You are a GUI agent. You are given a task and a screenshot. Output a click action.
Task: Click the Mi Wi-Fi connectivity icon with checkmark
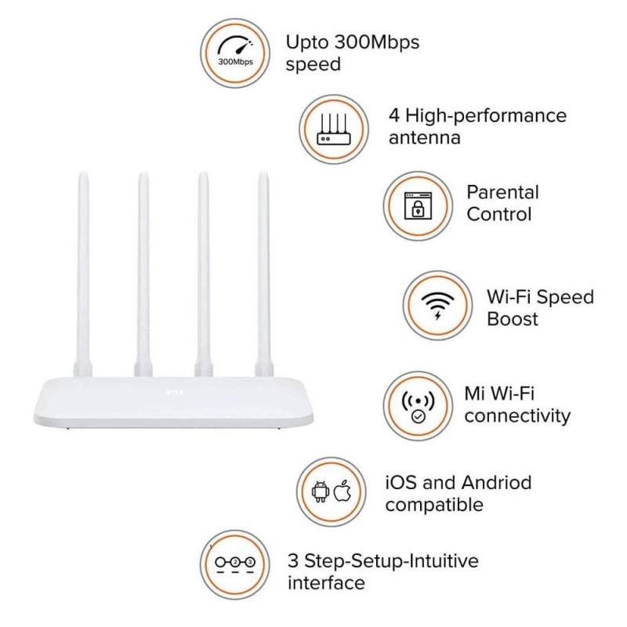click(x=416, y=405)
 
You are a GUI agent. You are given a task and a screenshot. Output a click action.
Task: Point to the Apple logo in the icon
click(x=341, y=492)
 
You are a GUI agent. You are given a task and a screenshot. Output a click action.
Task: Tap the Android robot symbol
click(x=320, y=492)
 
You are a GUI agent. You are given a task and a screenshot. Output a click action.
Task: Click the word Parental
click(x=502, y=192)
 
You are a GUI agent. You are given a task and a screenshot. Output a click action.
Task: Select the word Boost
click(x=513, y=319)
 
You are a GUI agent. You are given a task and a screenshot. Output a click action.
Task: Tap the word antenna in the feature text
click(x=424, y=139)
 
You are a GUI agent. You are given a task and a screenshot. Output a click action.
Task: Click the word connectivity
click(x=517, y=416)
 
